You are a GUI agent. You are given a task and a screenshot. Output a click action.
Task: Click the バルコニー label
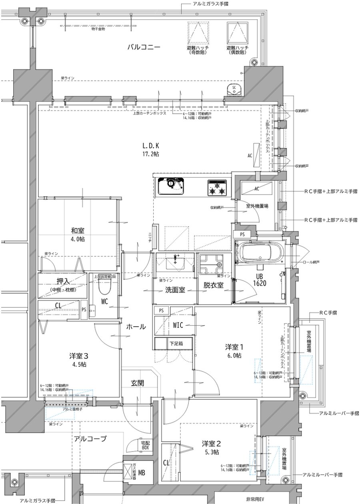pyautogui.click(x=144, y=47)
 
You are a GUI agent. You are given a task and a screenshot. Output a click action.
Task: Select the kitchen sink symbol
pyautogui.click(x=171, y=186)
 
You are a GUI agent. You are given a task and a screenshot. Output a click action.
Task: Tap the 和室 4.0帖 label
pyautogui.click(x=78, y=234)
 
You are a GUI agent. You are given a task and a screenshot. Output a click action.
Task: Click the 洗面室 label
pyautogui.click(x=175, y=290)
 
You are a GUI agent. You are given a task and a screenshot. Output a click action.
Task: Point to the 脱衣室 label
pyautogui.click(x=213, y=287)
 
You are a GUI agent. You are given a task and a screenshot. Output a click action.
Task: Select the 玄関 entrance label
pyautogui.click(x=137, y=383)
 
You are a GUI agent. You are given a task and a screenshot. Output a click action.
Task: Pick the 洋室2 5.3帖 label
pyautogui.click(x=210, y=447)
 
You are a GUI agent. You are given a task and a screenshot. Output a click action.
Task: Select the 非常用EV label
pyautogui.click(x=255, y=499)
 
